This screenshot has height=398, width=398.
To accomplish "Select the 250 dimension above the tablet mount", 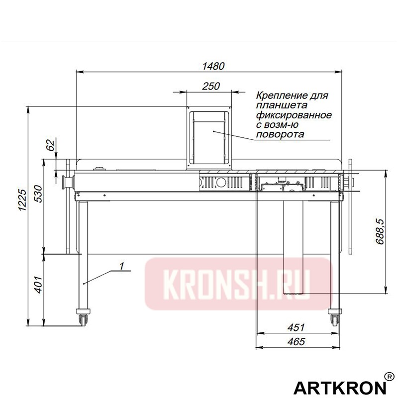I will (211, 86).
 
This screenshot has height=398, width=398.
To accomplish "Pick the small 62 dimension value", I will (50, 146).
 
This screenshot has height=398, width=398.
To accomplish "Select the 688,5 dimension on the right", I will (380, 230).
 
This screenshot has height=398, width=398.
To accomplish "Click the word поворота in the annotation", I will (280, 134).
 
